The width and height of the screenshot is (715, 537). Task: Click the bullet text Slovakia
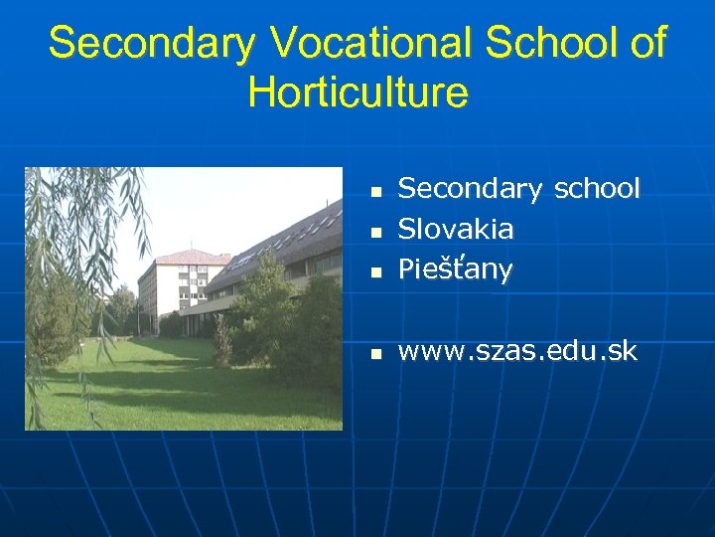click(x=456, y=229)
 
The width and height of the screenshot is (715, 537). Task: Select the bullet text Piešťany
click(x=455, y=269)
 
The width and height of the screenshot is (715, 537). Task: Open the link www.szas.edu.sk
click(x=516, y=351)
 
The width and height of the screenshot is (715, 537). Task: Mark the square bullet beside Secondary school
click(x=374, y=190)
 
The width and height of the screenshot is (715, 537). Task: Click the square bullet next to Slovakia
click(x=374, y=231)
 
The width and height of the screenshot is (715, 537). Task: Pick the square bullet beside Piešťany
click(x=374, y=270)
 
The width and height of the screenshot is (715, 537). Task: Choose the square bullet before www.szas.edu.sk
click(x=374, y=353)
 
